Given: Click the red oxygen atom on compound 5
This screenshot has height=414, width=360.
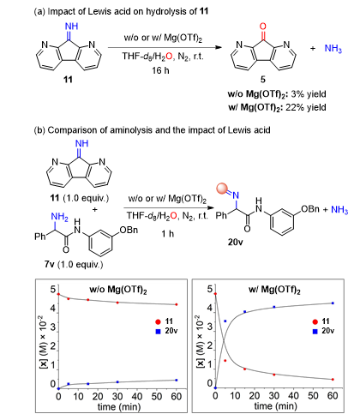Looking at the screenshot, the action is [x=262, y=27].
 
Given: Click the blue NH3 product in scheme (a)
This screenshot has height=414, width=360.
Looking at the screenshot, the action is [x=333, y=49].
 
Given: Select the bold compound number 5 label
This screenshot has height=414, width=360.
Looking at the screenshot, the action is [x=263, y=79].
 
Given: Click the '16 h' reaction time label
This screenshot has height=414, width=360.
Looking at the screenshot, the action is [x=160, y=70].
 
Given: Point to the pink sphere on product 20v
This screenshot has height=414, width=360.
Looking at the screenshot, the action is [x=222, y=189].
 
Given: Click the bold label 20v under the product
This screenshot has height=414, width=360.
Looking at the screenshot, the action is [x=235, y=243].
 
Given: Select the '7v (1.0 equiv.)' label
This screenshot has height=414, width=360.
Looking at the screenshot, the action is [x=74, y=264].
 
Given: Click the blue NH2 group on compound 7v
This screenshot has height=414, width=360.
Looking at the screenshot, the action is [x=59, y=217].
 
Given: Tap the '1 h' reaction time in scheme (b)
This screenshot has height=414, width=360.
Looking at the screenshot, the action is [x=168, y=234].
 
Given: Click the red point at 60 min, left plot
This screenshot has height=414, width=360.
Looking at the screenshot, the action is [x=177, y=304].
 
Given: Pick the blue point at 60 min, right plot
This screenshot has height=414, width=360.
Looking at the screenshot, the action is [x=333, y=303].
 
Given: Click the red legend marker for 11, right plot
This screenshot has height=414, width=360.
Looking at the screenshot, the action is [x=315, y=322].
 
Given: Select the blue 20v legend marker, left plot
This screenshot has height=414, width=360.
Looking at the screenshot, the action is [x=158, y=332].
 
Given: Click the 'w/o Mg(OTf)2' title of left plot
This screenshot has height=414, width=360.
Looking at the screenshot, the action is [x=118, y=290].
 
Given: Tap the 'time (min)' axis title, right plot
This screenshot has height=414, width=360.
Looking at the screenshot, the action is [x=275, y=405].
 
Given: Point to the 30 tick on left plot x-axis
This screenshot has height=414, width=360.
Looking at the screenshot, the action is [x=117, y=396].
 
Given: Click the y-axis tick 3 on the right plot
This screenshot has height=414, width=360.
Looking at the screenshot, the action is [x=210, y=327].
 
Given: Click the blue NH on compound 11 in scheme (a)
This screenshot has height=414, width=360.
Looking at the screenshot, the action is [x=71, y=27].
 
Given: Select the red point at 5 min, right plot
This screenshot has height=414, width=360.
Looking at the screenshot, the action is [x=225, y=361].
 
